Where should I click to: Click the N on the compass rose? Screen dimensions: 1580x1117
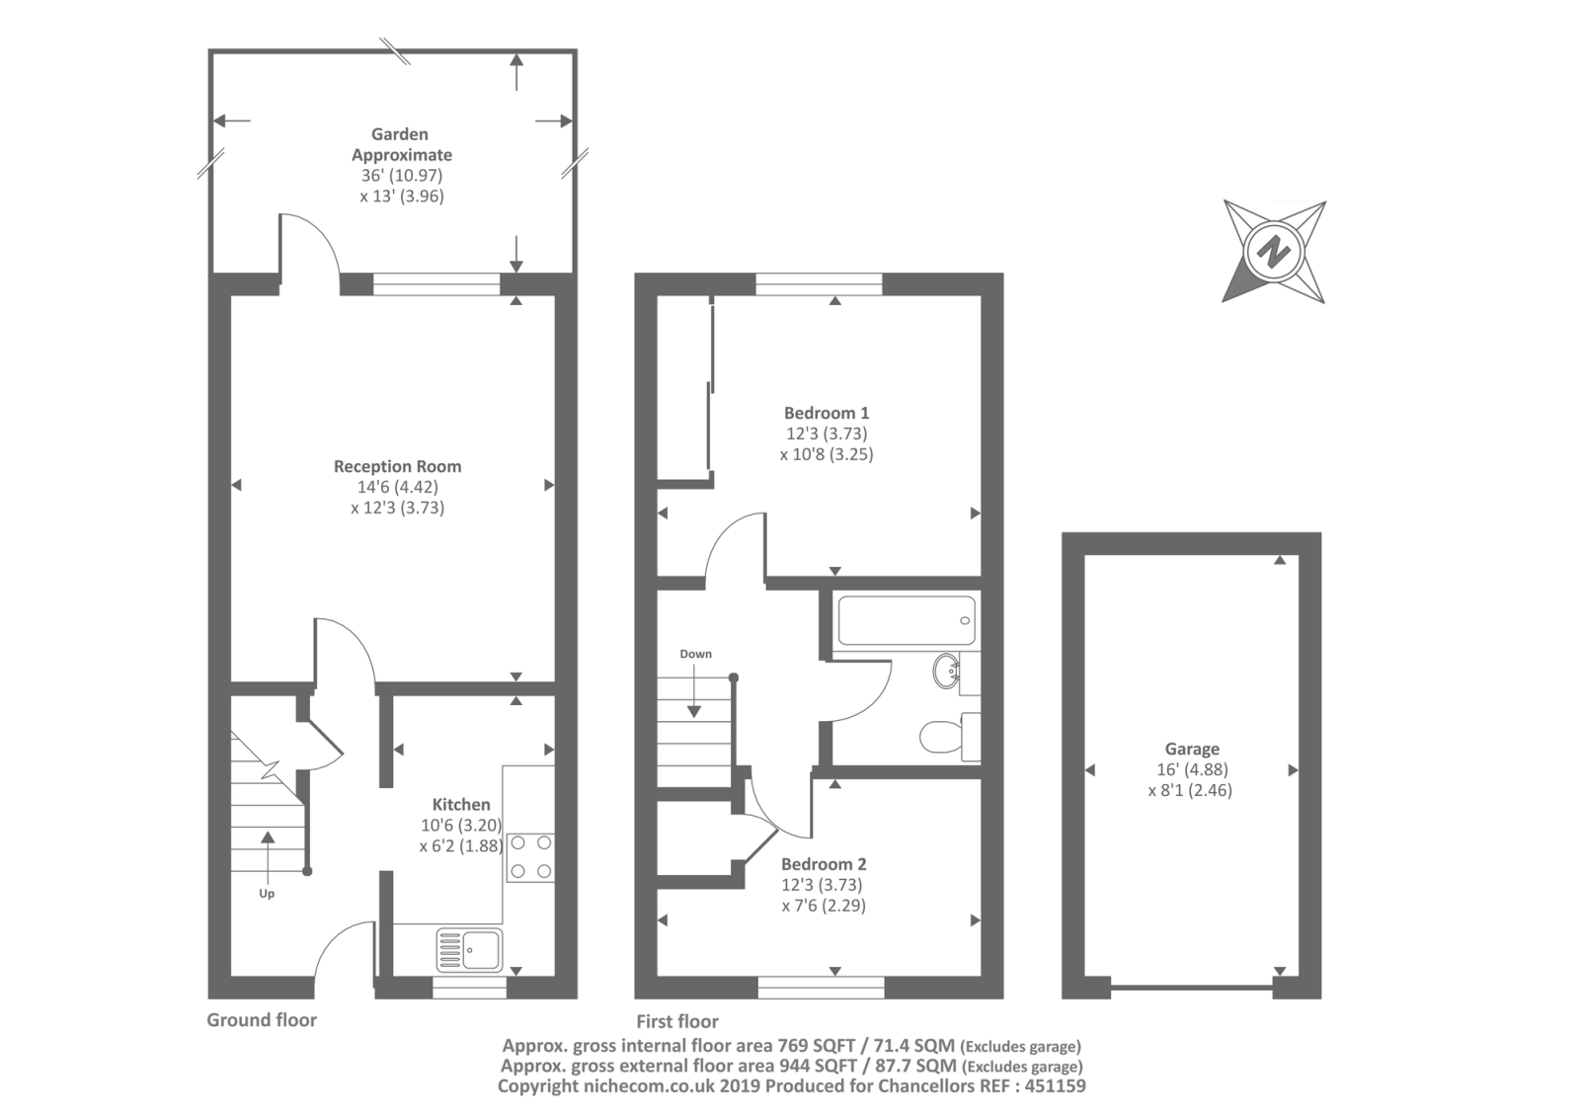pos(1274,251)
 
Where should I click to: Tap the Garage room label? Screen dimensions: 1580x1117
pos(1192,749)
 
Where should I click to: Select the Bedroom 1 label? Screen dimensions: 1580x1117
pos(827,413)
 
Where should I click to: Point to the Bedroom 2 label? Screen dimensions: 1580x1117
pos(824,864)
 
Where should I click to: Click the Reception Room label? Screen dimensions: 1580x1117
pos(398,466)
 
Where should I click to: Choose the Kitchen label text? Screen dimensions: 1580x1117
pos(461,804)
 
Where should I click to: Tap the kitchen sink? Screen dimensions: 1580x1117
pos(470,949)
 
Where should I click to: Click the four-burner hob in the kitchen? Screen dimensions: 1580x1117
pos(530,857)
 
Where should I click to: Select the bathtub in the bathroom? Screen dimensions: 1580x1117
pos(908,620)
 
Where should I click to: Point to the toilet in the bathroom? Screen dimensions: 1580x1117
pos(950,737)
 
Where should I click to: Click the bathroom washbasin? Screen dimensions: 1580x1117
pos(947,671)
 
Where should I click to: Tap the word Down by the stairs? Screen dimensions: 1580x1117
pos(695,654)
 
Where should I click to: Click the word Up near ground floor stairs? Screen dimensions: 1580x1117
pos(267,894)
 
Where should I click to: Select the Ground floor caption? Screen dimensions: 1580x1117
pos(262,1019)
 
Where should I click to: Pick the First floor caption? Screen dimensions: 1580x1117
pos(677,1021)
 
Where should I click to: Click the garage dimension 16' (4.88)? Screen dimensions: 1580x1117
pos(1192,769)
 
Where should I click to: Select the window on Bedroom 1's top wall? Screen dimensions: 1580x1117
pos(819,283)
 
